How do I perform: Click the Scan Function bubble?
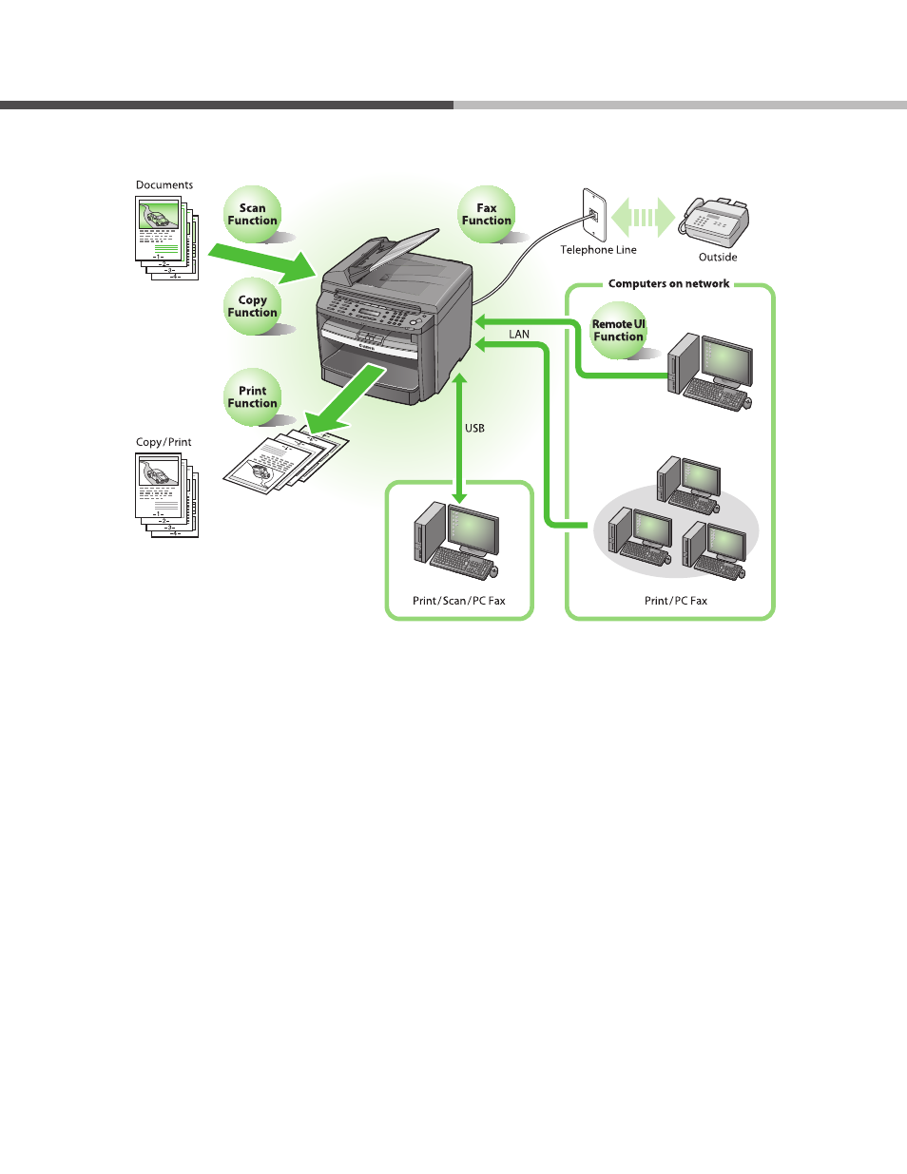253,214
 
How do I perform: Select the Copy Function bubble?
253,306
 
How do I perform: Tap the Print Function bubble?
253,396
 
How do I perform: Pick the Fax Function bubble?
487,214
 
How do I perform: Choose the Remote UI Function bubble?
619,330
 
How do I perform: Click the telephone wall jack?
594,215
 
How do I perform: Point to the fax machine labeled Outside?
719,222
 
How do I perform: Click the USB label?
474,429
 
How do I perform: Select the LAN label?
519,335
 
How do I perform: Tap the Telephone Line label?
598,250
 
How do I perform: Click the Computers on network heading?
668,283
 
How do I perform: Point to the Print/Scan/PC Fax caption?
459,601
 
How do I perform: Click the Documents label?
164,185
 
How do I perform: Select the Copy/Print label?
164,442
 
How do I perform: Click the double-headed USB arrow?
459,437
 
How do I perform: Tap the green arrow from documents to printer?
262,259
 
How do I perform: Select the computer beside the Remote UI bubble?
711,371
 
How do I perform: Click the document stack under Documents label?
166,237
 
